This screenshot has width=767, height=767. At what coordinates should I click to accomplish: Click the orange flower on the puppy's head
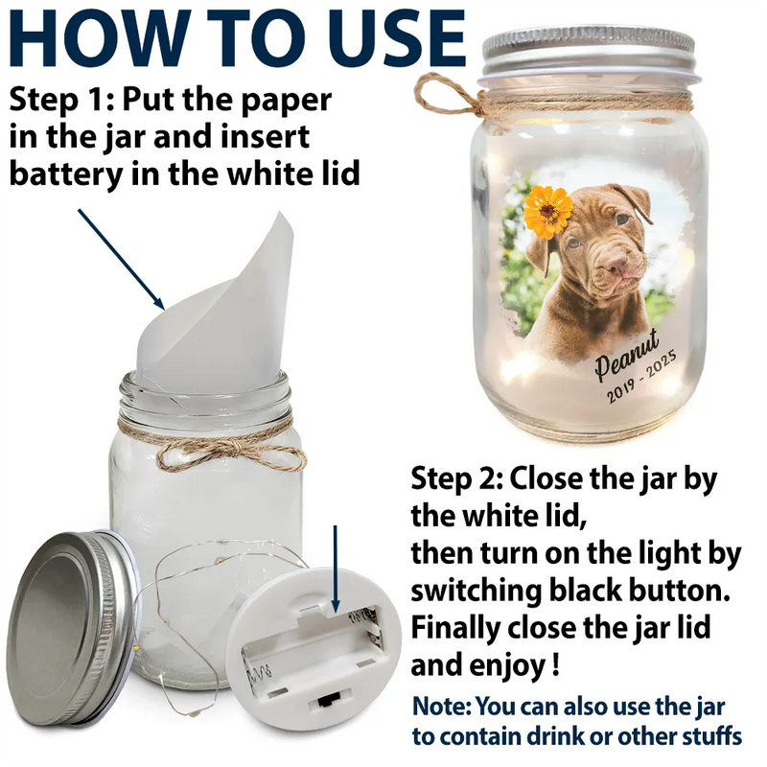pyautogui.click(x=547, y=212)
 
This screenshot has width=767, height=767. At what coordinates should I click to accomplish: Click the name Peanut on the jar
pyautogui.click(x=627, y=354)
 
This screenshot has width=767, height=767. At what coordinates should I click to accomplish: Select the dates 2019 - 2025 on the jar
pyautogui.click(x=641, y=377)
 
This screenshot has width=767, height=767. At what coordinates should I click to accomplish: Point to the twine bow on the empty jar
pyautogui.click(x=230, y=453)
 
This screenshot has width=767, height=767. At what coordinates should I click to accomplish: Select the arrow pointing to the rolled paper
pyautogui.click(x=122, y=260)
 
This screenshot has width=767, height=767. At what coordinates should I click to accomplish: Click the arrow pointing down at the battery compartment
pyautogui.click(x=335, y=569)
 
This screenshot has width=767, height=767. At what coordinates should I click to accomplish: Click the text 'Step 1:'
pyautogui.click(x=61, y=100)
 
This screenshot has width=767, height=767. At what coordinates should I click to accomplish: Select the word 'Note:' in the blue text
pyautogui.click(x=442, y=707)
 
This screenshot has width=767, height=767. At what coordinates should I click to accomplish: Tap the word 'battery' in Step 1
pyautogui.click(x=65, y=174)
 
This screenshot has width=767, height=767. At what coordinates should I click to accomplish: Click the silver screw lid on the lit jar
pyautogui.click(x=588, y=54)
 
